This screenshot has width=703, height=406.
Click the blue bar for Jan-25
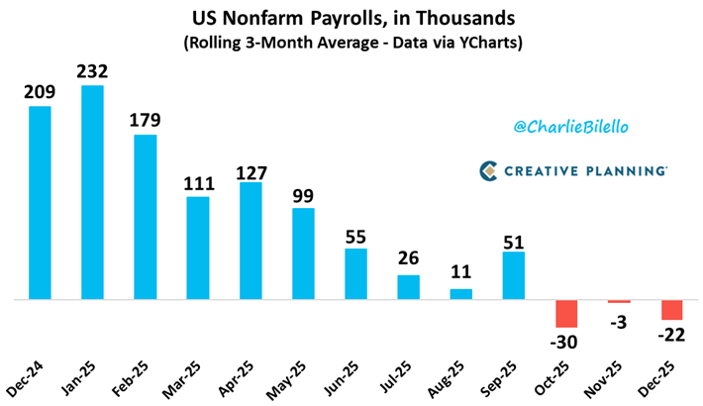click(x=93, y=192)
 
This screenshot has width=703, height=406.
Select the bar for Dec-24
click(x=41, y=202)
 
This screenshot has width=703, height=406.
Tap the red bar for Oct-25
click(x=566, y=313)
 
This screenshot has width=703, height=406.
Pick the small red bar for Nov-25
click(x=619, y=301)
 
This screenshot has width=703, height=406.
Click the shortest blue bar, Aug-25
click(x=461, y=293)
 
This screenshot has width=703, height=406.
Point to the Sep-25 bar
click(x=514, y=275)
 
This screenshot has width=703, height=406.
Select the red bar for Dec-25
click(x=671, y=309)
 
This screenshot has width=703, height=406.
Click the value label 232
click(x=93, y=71)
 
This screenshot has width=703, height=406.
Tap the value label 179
click(x=146, y=121)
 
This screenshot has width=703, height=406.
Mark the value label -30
click(x=566, y=342)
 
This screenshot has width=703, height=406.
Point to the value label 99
click(x=303, y=194)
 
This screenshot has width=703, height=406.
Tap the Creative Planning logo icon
click(x=488, y=170)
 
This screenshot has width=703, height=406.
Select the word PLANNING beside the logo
click(x=626, y=170)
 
